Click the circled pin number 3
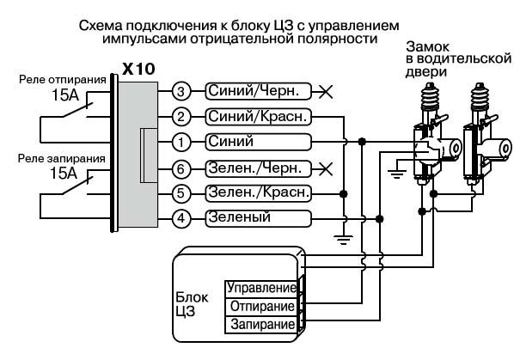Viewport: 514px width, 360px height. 181,91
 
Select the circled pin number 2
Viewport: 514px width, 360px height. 181,116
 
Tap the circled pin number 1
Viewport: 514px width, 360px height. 181,141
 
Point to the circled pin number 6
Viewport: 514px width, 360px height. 181,168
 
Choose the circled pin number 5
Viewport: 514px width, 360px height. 181,192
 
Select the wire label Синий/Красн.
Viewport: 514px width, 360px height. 257,116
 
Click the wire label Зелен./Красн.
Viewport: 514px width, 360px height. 257,192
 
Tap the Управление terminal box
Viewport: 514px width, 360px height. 261,288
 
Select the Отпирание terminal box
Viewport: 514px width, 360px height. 261,306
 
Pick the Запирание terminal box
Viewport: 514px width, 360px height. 261,325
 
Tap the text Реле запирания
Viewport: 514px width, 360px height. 61,158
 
